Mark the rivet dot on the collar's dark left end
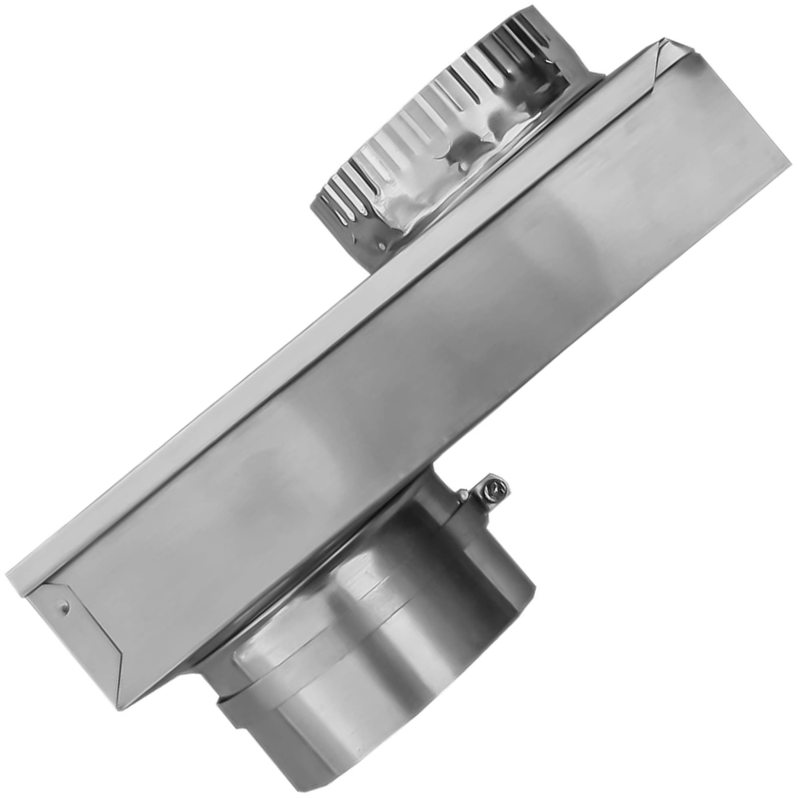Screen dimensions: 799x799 (x=381, y=246)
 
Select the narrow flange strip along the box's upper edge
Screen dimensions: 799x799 (x=331, y=298)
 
